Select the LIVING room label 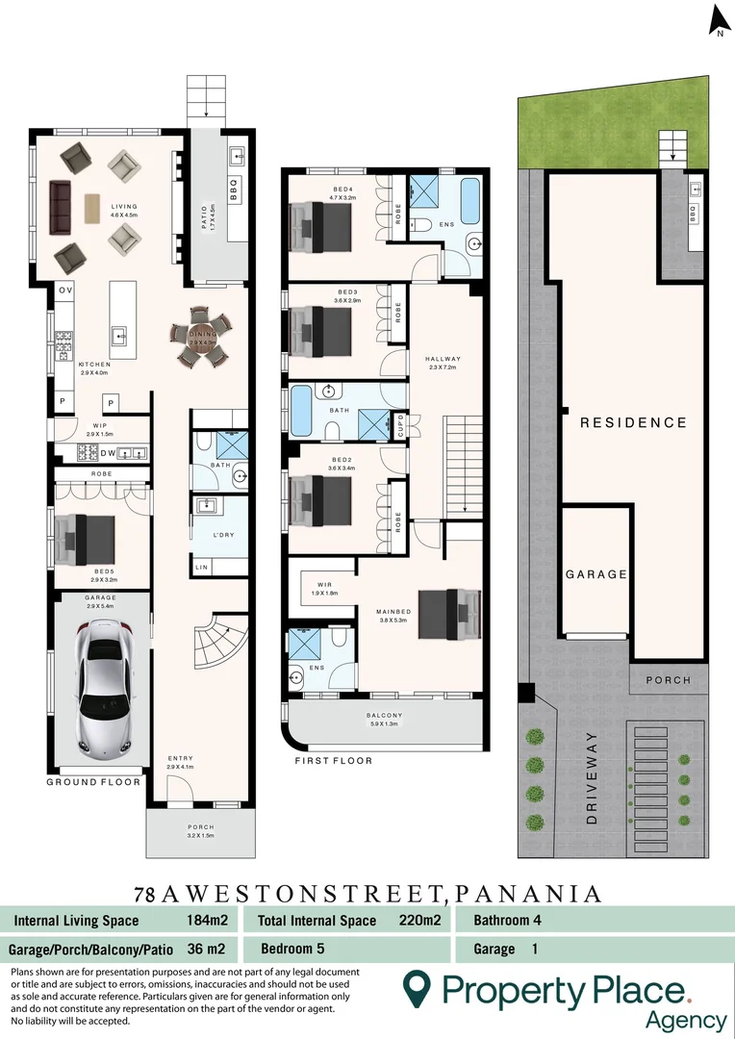124,207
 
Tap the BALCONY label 384,716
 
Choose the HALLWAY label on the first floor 444,359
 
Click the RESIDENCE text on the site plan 633,422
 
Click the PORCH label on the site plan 668,680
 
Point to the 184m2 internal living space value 201,921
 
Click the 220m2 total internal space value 420,921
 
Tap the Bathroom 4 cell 508,921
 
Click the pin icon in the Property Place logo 416,989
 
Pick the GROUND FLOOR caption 86,782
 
